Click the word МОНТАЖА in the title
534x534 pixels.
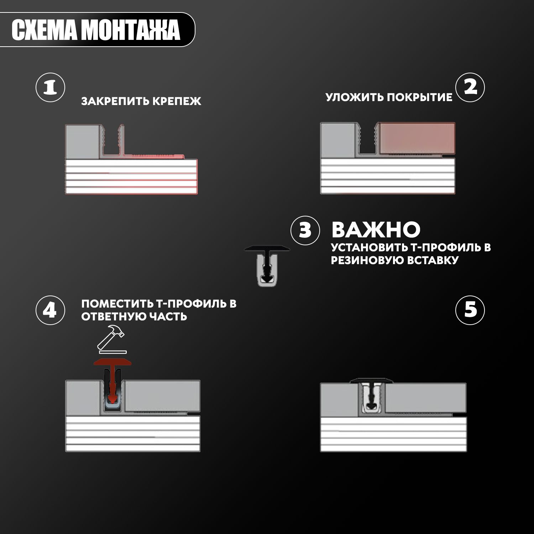(131, 30)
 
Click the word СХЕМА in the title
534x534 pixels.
(44, 30)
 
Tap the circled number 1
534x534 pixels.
(50, 88)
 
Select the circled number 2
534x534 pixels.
(470, 88)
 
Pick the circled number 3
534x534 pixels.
(305, 230)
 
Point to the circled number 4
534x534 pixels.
(50, 310)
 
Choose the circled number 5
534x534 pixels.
(470, 310)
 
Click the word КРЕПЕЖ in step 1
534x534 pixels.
(177, 101)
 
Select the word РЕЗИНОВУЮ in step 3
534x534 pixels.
(367, 260)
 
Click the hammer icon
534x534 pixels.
(111, 337)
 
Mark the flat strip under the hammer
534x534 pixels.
(113, 352)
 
